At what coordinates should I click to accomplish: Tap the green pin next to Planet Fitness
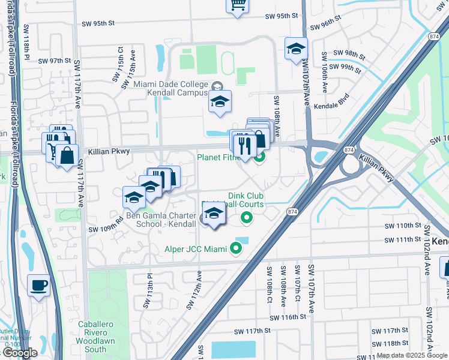pos(259,158)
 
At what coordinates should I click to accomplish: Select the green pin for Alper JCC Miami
pos(236,248)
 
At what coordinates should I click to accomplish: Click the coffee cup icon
pos(40,285)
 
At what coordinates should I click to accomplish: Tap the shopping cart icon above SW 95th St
pos(237,5)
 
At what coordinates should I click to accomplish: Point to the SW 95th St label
pos(98,23)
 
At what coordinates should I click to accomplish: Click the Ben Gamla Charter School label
pos(160,220)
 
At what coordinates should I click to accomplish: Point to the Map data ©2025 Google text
pos(412,355)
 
